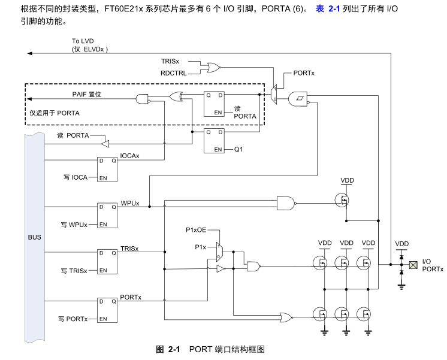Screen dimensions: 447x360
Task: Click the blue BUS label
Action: [35, 237]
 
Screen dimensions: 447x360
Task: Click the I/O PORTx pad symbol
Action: [413, 265]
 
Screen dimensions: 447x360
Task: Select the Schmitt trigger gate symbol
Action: [298, 99]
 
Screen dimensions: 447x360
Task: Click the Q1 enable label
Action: [238, 149]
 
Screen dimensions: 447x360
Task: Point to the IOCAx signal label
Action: [129, 156]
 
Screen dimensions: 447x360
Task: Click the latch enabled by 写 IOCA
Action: [107, 170]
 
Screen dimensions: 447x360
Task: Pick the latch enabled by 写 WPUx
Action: [107, 216]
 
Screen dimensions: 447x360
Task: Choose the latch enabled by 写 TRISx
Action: [107, 262]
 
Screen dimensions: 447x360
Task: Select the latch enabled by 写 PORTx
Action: [107, 310]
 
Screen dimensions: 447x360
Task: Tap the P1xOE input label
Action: [196, 230]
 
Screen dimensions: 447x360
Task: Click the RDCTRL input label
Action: [173, 73]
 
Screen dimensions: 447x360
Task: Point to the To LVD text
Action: [83, 41]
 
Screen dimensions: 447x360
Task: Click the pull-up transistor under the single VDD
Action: [342, 200]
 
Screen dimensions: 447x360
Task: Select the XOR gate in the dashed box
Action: [176, 96]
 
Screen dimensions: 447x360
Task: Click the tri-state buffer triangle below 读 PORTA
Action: [105, 144]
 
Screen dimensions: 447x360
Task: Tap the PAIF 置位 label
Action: [87, 95]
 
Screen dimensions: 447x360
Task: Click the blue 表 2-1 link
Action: [328, 9]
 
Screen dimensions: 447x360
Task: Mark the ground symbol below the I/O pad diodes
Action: [401, 286]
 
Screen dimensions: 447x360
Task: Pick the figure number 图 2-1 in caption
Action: [168, 349]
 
